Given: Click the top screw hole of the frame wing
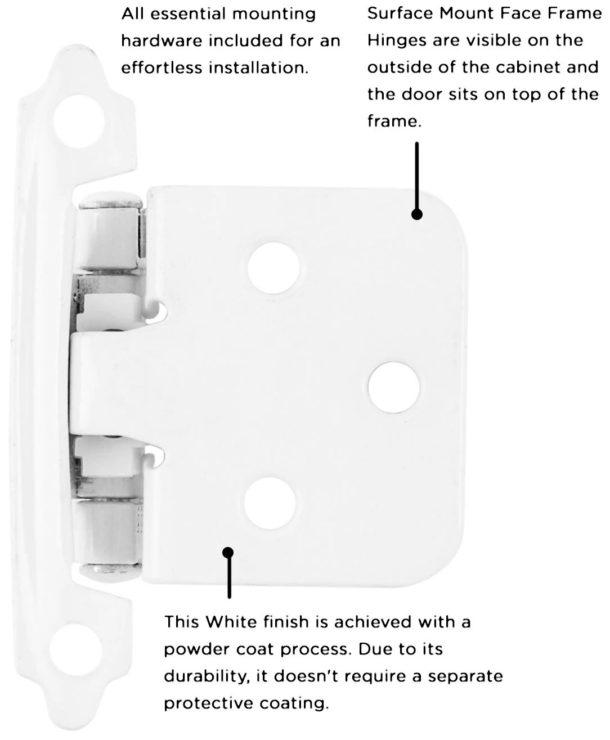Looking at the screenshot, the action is (x=79, y=121).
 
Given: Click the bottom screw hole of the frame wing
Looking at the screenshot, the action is (x=76, y=650).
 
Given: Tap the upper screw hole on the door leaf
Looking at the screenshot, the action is (x=273, y=268).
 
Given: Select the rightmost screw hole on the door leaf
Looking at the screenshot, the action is (x=393, y=387).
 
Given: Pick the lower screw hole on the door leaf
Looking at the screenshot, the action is (x=270, y=503).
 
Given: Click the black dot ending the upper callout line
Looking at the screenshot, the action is (x=417, y=214).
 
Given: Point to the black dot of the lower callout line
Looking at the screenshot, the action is (x=228, y=553).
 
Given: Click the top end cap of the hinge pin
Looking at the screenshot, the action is (x=110, y=200).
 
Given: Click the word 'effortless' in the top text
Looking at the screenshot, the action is (x=162, y=68).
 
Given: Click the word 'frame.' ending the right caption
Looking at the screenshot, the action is (x=394, y=121).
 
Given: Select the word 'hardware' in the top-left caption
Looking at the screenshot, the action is (x=162, y=41).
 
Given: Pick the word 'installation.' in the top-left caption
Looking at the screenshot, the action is (x=258, y=68).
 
